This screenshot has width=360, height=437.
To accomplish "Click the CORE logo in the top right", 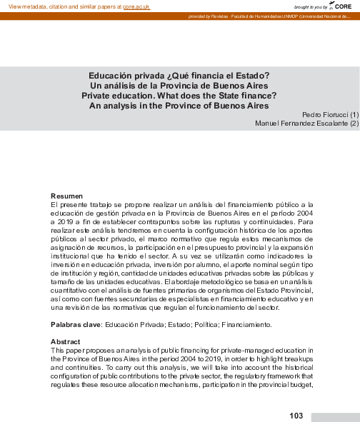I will tap(341, 6).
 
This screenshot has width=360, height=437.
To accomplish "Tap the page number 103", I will tap(297, 416).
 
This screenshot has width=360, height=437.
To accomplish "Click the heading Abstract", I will tap(65, 341).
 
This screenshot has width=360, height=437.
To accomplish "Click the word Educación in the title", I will tap(111, 76).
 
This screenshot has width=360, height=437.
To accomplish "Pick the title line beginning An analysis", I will tap(179, 104).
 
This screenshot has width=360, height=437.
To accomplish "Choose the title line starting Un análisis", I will tap(179, 85).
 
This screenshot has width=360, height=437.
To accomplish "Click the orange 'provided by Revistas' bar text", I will tap(214, 16).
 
